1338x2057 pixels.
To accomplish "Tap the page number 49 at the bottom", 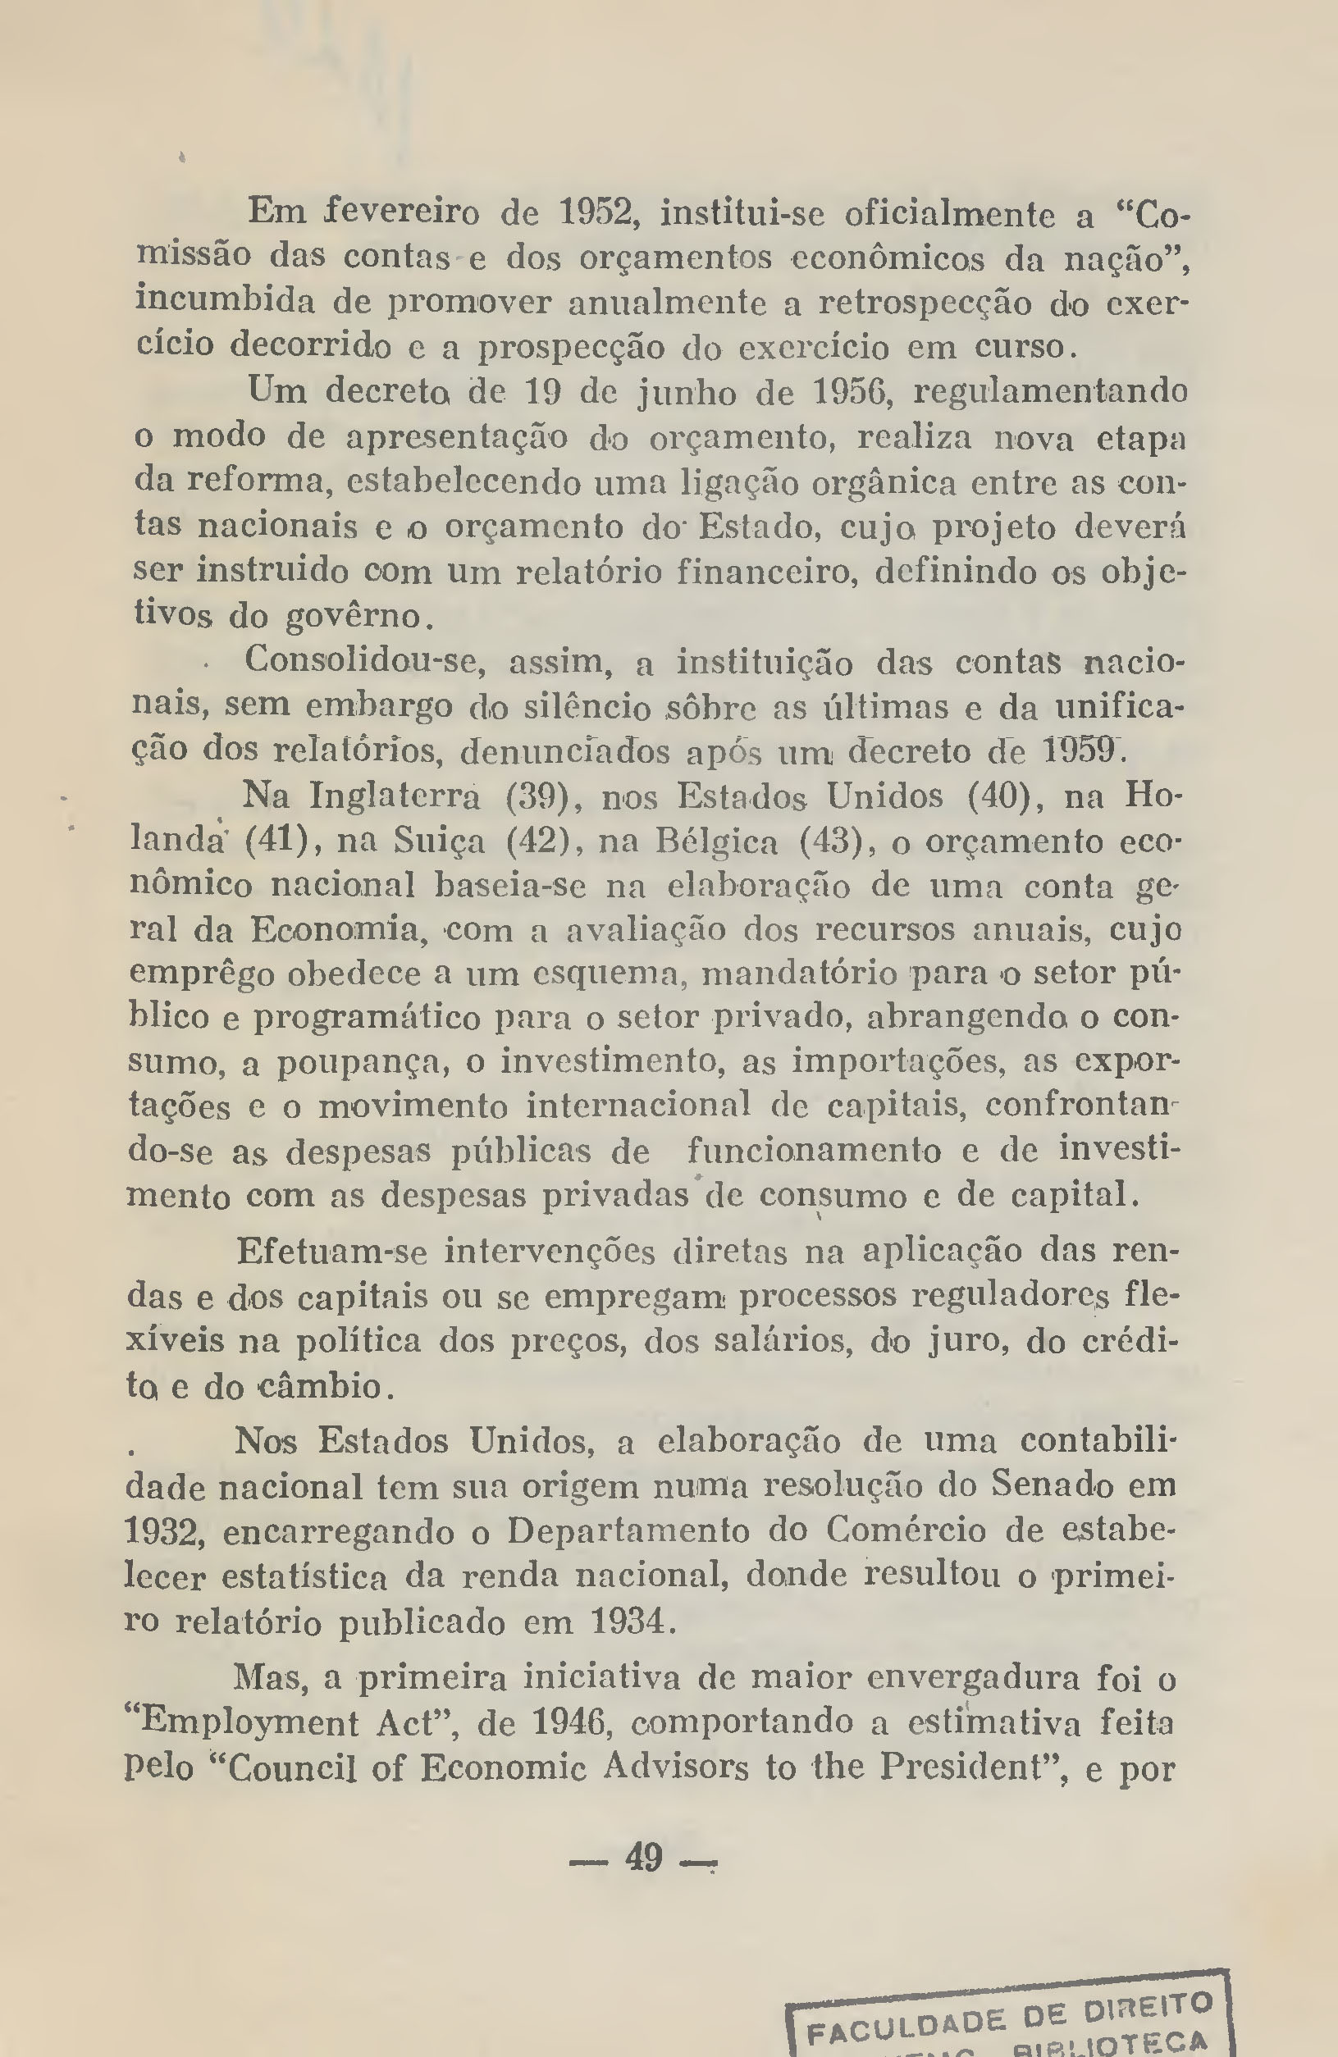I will coord(643,1857).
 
